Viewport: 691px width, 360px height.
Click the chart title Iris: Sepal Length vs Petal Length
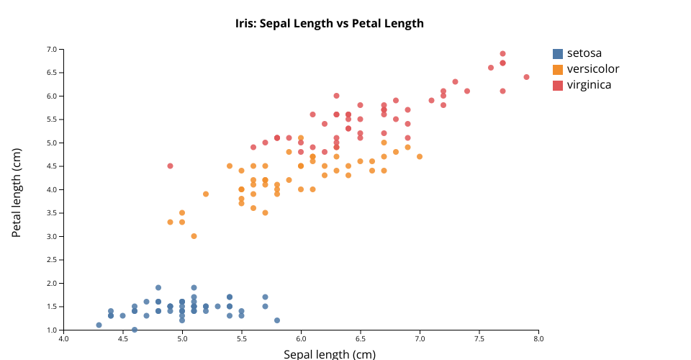click(329, 23)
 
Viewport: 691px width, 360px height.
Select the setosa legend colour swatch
click(558, 53)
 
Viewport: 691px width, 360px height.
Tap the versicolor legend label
click(592, 69)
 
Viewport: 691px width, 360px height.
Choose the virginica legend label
click(589, 85)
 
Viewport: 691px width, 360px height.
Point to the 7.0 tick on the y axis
click(51, 49)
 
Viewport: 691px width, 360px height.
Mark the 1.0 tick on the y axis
click(51, 330)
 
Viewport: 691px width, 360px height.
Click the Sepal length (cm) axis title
click(329, 354)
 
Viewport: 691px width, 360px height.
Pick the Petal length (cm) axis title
click(17, 192)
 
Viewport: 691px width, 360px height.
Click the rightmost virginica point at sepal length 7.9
click(526, 77)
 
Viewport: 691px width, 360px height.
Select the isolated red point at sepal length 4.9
click(170, 166)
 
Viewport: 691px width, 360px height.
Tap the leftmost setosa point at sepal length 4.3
click(99, 325)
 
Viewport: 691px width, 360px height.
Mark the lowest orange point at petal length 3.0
click(194, 236)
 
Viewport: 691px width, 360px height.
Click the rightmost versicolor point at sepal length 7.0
click(420, 156)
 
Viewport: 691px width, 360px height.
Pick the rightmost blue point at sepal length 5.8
click(277, 320)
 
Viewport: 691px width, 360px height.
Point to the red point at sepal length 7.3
click(455, 81)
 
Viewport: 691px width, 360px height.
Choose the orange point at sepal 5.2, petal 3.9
click(206, 194)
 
